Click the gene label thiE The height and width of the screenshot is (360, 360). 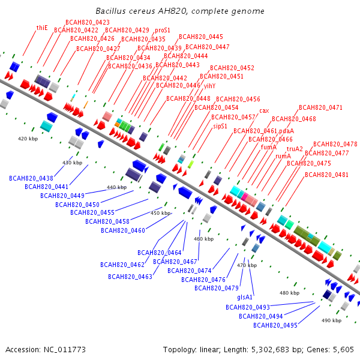click(x=42, y=28)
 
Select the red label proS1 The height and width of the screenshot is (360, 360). click(x=163, y=31)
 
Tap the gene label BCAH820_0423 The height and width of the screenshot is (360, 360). click(x=88, y=22)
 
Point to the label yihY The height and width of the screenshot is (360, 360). click(x=209, y=86)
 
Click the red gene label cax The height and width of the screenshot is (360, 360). click(x=264, y=111)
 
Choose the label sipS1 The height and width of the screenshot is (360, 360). click(x=220, y=126)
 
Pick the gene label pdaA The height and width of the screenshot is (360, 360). click(x=287, y=131)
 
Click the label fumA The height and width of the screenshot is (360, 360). click(x=269, y=147)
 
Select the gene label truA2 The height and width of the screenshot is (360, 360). click(x=295, y=149)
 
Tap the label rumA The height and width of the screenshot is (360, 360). click(x=283, y=157)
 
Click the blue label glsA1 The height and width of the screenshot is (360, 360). click(x=245, y=298)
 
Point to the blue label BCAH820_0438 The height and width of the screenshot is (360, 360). click(x=31, y=178)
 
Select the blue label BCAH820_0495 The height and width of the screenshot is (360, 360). click(x=275, y=325)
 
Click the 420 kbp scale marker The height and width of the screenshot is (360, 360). click(x=28, y=139)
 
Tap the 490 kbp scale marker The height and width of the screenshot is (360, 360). click(x=331, y=320)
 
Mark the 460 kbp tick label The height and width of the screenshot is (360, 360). click(x=203, y=239)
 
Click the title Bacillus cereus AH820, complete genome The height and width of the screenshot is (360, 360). click(x=180, y=11)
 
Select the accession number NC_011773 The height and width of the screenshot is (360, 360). click(x=65, y=350)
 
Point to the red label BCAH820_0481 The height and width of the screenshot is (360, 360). click(x=326, y=175)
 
